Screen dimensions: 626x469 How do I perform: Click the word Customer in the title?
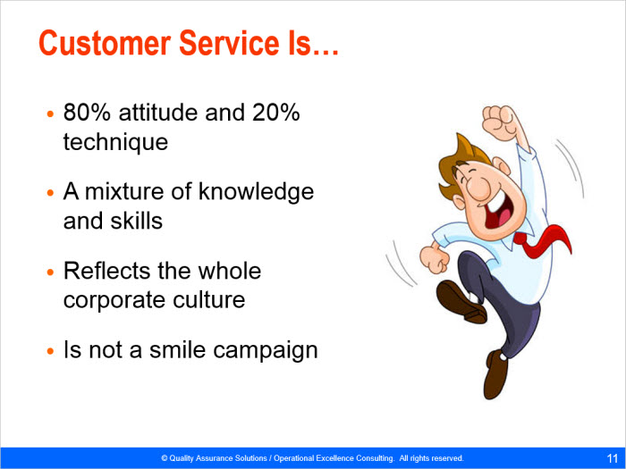coord(105,43)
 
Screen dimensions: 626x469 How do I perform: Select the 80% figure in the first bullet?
coord(87,112)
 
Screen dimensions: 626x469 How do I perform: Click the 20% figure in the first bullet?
coord(275,112)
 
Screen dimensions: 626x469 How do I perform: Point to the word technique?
coord(115,142)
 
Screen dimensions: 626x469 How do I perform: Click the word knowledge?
coord(256,191)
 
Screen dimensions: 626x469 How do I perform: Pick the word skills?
coord(137,221)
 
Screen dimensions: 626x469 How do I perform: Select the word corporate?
coord(114,300)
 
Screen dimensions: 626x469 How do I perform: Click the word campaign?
coord(265,350)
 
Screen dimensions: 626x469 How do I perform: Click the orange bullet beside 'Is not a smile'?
coord(50,351)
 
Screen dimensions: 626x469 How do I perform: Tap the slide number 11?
coord(612,457)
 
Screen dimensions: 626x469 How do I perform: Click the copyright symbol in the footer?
coord(164,458)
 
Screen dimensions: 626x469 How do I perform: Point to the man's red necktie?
coord(543,240)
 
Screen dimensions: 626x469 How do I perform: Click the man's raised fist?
coord(499,122)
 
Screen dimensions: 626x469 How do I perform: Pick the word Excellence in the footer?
coord(334,458)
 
